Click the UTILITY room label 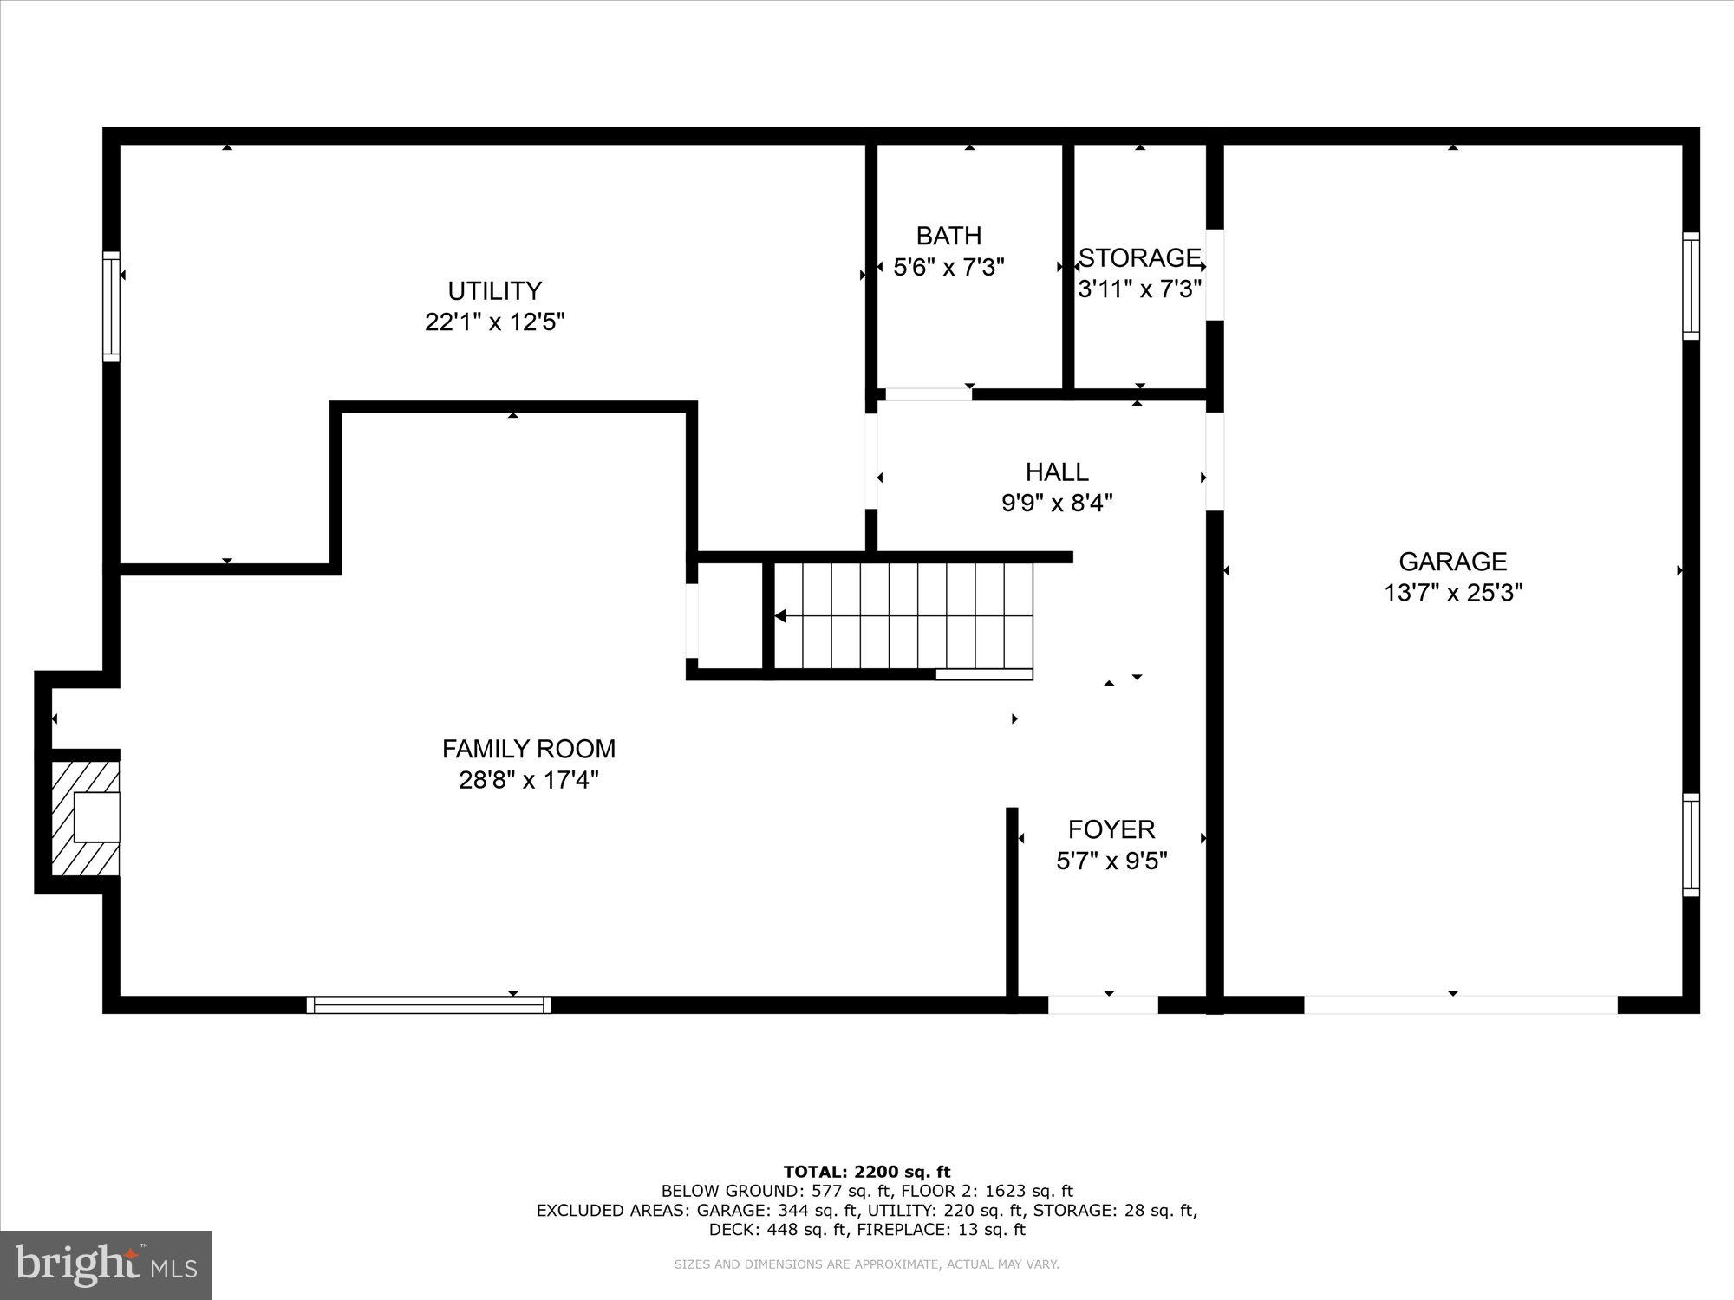[x=494, y=290]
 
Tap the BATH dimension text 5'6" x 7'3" [x=948, y=267]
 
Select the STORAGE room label [x=1139, y=257]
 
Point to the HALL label [x=1057, y=471]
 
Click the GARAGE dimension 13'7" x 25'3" [x=1453, y=593]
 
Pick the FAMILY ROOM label [x=529, y=749]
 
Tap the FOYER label [x=1111, y=829]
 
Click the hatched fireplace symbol [x=84, y=818]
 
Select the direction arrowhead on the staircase [x=780, y=616]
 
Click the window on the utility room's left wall [x=111, y=306]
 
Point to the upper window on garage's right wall [x=1691, y=285]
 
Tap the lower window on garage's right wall [x=1691, y=844]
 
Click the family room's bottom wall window [x=428, y=1004]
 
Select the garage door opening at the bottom [x=1461, y=1004]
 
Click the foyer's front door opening [x=1103, y=1004]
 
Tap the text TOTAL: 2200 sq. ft [x=867, y=1172]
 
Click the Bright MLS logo [x=106, y=1265]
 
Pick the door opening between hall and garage [x=1215, y=461]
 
